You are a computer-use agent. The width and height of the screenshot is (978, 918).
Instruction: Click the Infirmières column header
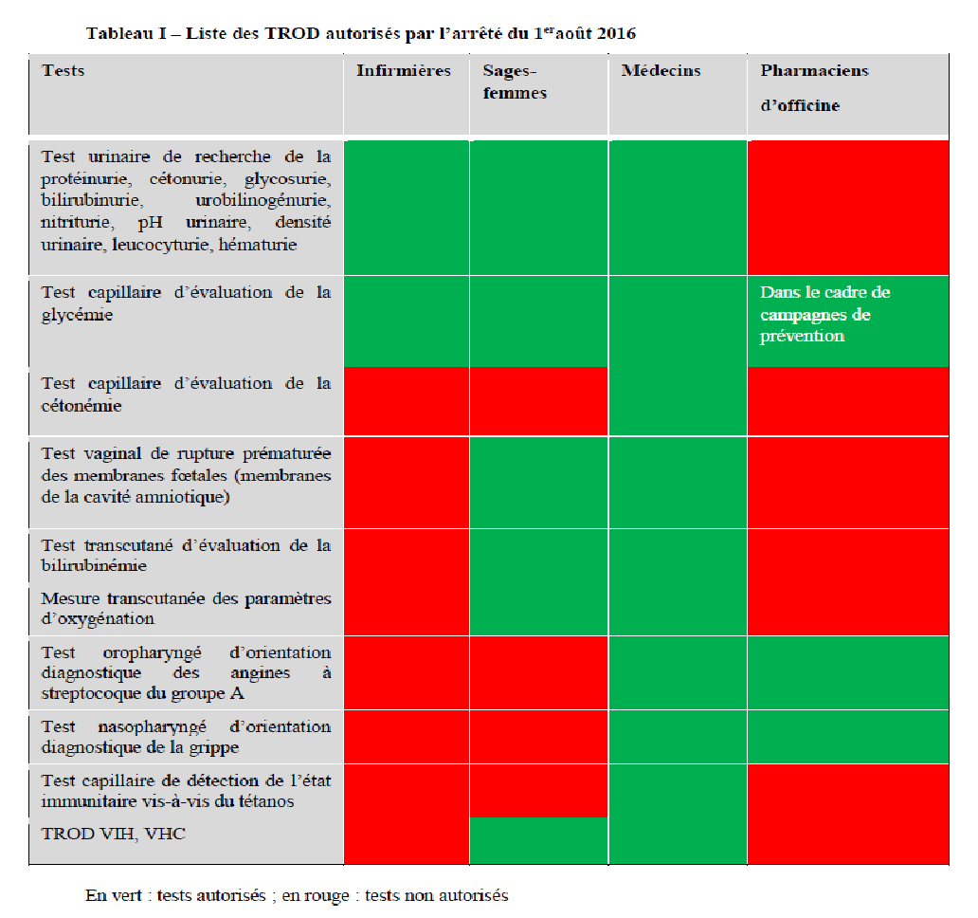pyautogui.click(x=404, y=71)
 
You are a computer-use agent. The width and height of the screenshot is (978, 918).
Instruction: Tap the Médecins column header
pyautogui.click(x=661, y=71)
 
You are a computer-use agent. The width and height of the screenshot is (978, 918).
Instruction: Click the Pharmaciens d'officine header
pyautogui.click(x=814, y=87)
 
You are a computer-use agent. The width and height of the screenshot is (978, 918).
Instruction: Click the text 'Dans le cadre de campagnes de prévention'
pyautogui.click(x=824, y=314)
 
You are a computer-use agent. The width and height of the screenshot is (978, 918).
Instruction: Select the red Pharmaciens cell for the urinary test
pyautogui.click(x=847, y=208)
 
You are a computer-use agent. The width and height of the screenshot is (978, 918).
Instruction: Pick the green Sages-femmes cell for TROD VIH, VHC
pyautogui.click(x=538, y=840)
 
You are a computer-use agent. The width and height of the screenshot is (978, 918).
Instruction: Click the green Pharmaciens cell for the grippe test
pyautogui.click(x=847, y=738)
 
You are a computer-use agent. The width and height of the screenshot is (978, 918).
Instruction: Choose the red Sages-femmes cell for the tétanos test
pyautogui.click(x=538, y=790)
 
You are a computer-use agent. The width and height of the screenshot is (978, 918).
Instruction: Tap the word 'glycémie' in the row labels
pyautogui.click(x=77, y=315)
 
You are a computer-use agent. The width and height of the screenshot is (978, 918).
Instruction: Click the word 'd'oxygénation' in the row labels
pyautogui.click(x=97, y=619)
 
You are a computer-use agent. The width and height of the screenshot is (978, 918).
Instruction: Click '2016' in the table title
pyautogui.click(x=616, y=34)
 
